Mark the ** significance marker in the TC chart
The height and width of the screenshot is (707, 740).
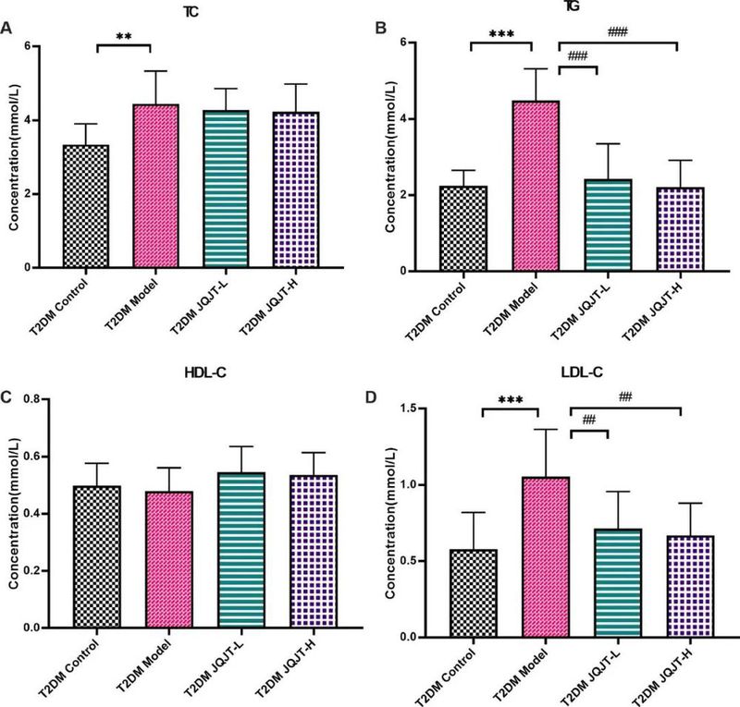(x=123, y=38)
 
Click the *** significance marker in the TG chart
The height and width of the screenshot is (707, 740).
(x=501, y=34)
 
